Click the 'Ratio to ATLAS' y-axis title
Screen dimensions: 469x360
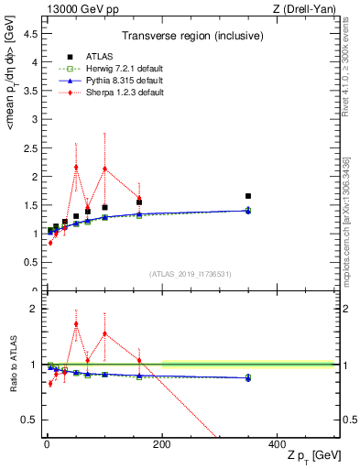13,365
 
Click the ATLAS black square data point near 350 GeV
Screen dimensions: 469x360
248,196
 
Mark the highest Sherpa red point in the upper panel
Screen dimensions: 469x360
76,168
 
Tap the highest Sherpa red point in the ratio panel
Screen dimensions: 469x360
76,323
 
